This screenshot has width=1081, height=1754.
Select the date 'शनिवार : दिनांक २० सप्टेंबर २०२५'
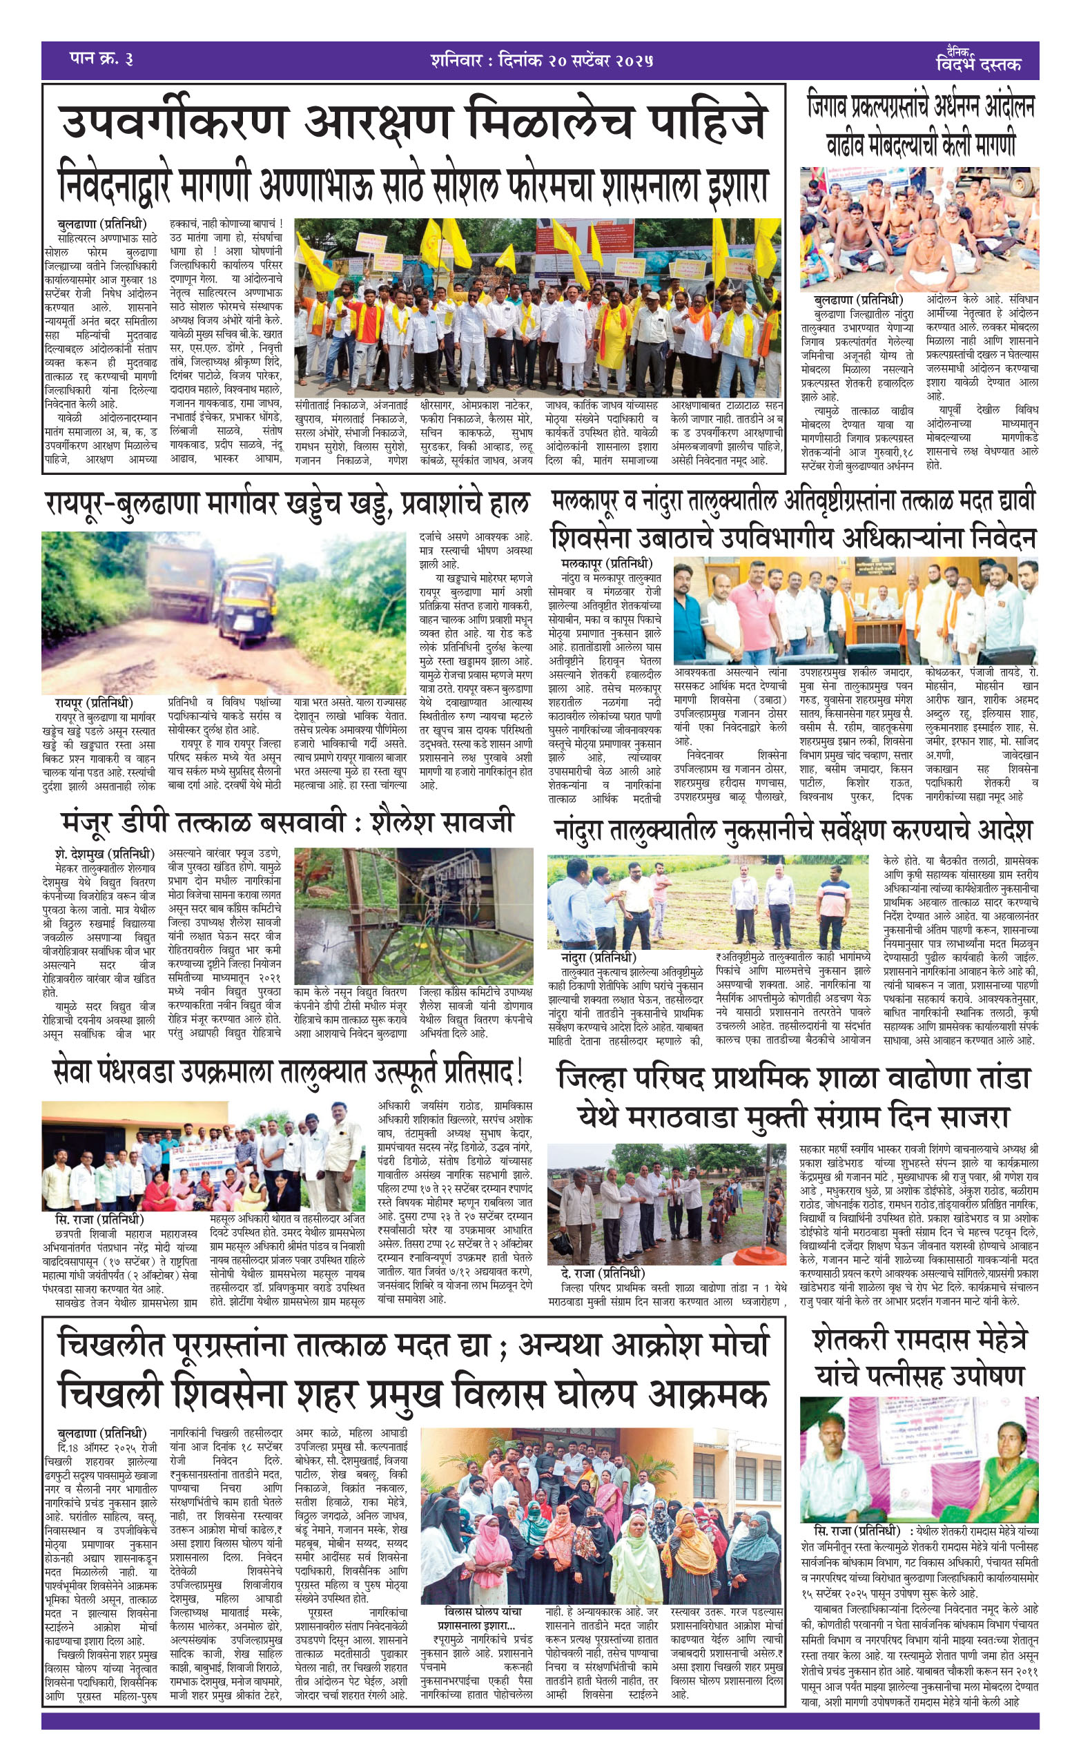(542, 60)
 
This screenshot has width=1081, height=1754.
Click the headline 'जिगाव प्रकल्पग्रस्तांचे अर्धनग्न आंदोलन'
(921, 107)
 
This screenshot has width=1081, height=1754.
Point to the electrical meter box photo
(413, 915)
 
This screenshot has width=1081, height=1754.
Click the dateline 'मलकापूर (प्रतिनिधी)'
(607, 564)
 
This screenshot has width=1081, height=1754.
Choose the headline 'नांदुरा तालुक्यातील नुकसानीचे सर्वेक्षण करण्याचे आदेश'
(794, 830)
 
